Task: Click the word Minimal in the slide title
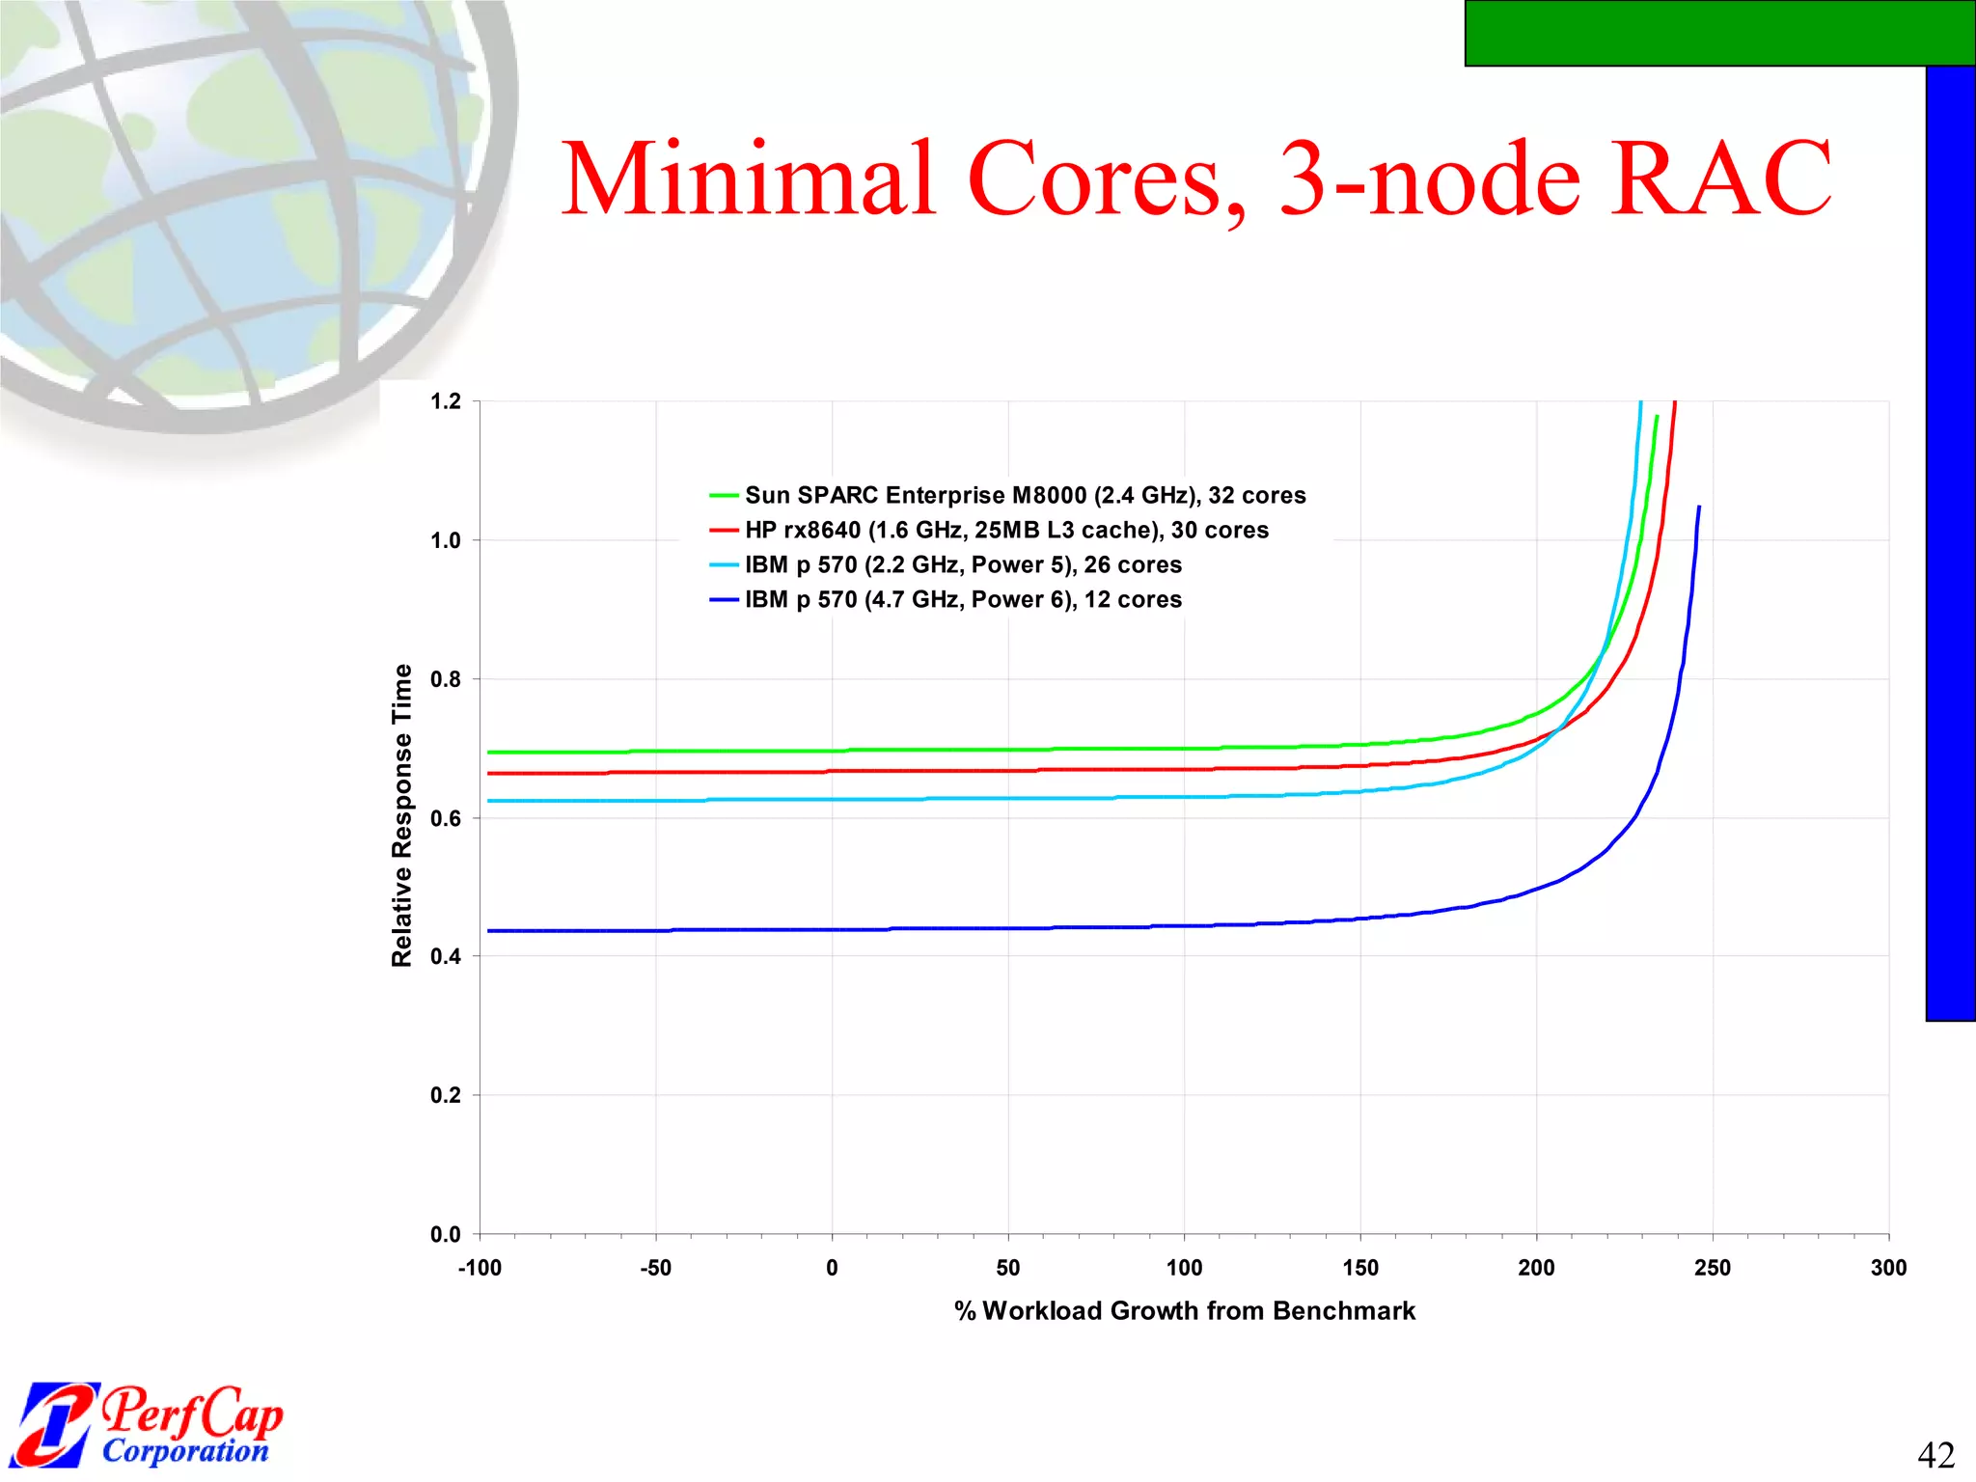(749, 179)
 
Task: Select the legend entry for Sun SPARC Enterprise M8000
(1025, 495)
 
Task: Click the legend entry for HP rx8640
(1006, 530)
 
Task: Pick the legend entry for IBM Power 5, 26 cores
(963, 564)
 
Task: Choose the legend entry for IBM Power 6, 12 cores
(963, 599)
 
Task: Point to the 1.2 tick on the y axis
(446, 401)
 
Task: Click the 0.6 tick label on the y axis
(446, 818)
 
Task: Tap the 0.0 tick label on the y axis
(446, 1234)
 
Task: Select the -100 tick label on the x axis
(480, 1268)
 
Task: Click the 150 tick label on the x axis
(1360, 1268)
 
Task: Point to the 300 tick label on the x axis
(1888, 1268)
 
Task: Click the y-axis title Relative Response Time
(401, 815)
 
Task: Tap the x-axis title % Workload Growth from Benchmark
(1185, 1310)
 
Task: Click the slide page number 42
(1935, 1454)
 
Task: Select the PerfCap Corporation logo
(150, 1424)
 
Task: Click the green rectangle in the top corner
(1719, 33)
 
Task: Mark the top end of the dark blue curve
(1699, 507)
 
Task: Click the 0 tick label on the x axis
(832, 1268)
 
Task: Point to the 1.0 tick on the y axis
(446, 540)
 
